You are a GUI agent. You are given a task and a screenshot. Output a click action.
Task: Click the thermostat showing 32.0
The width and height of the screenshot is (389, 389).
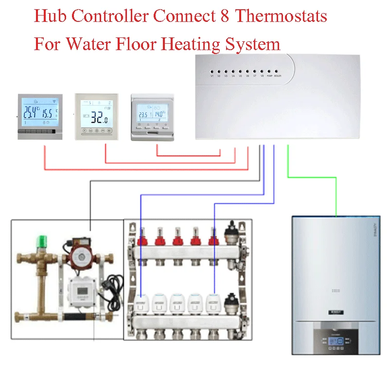click(x=96, y=116)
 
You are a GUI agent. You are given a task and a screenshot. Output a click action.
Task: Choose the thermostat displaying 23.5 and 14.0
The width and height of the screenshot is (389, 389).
click(x=152, y=117)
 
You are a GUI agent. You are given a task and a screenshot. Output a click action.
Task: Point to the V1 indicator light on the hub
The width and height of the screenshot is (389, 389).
click(x=212, y=71)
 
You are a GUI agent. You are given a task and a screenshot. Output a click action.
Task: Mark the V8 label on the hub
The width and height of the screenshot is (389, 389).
click(x=262, y=76)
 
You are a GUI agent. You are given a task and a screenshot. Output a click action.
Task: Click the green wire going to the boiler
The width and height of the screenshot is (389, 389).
click(x=311, y=177)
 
